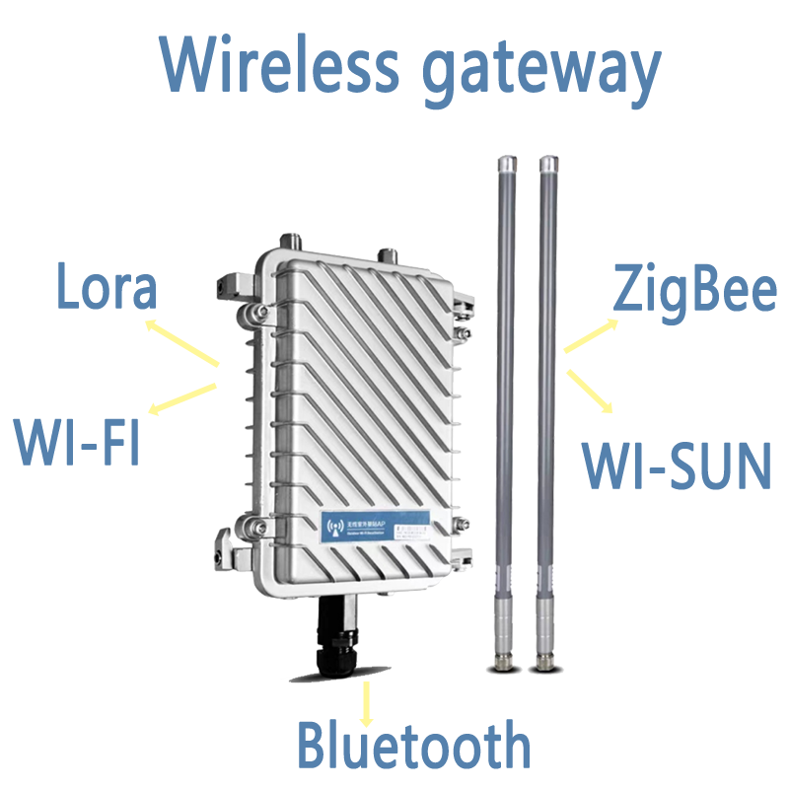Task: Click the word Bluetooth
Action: click(413, 745)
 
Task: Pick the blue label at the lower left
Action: click(75, 441)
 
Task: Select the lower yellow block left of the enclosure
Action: click(182, 398)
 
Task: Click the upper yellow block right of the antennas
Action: click(591, 337)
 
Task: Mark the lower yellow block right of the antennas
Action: click(591, 391)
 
